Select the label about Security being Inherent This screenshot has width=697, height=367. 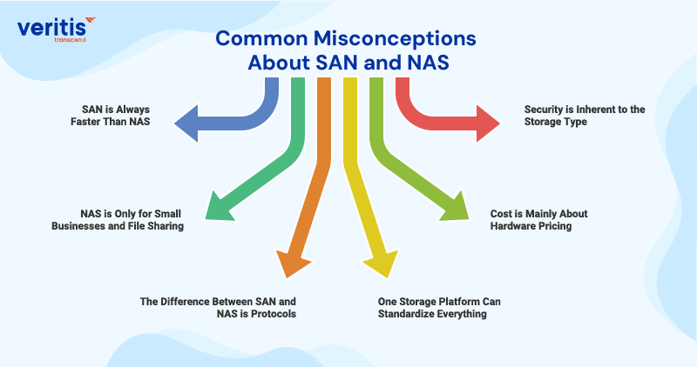pos(572,116)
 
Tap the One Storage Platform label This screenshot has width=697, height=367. pos(439,308)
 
